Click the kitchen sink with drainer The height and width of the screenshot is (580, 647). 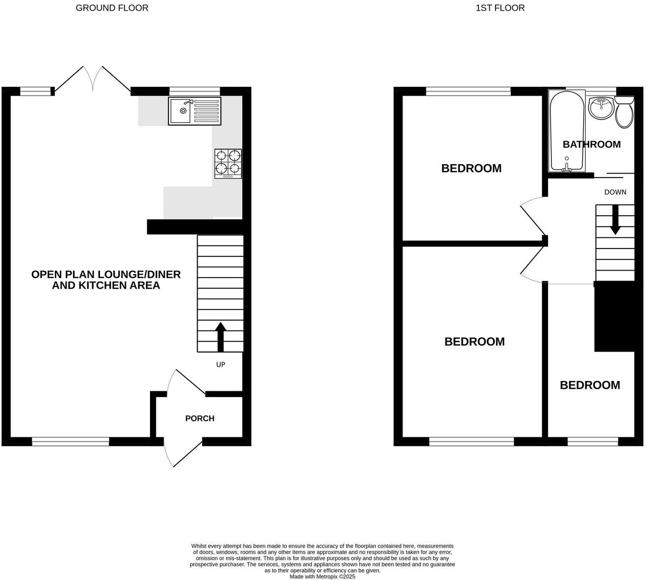tap(195, 111)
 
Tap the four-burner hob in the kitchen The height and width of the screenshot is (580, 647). tap(228, 163)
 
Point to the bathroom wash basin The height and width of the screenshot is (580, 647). tap(600, 108)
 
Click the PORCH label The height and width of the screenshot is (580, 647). tap(199, 418)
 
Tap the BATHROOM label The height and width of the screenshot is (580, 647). tap(591, 144)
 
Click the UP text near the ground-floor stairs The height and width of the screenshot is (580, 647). tap(221, 365)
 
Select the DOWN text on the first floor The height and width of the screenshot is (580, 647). tap(615, 192)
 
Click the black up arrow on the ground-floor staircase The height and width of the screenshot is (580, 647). tap(221, 336)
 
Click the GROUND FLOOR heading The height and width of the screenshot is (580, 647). tap(112, 8)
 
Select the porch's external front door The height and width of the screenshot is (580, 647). tap(182, 454)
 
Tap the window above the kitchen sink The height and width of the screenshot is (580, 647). tap(195, 91)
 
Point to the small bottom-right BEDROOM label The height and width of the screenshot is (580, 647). tap(590, 385)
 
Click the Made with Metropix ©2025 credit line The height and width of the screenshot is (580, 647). tap(322, 577)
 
